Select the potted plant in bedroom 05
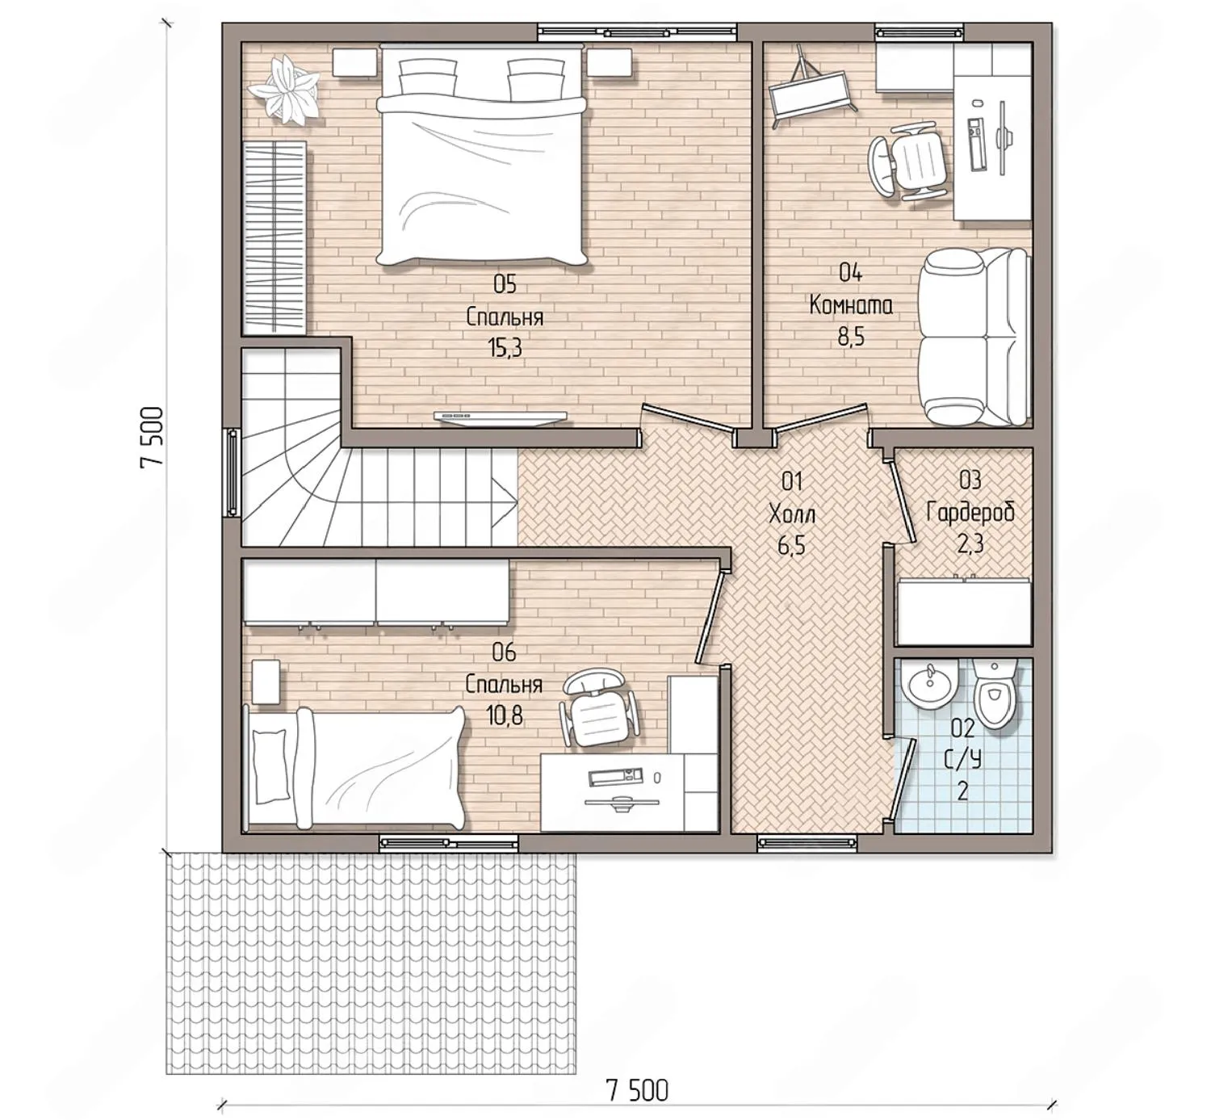[283, 90]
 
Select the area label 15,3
[505, 348]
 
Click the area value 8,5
[851, 336]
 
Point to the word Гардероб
[970, 512]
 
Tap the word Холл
[792, 515]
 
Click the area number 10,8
[505, 715]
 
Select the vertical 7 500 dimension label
[152, 437]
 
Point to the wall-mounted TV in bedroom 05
[500, 417]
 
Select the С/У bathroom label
[963, 760]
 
